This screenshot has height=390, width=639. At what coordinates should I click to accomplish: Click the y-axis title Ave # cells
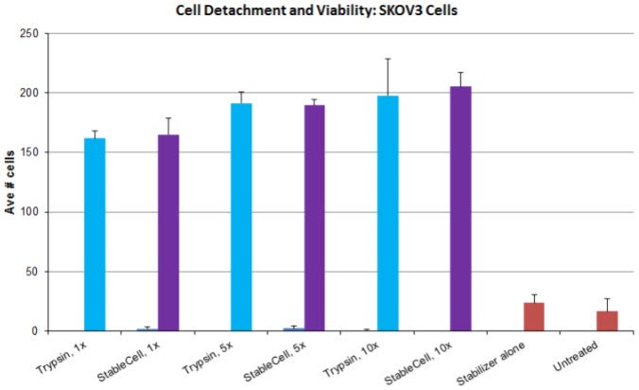11,182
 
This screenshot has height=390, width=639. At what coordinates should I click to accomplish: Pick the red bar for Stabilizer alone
534,317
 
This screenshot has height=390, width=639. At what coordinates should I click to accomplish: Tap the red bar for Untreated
607,321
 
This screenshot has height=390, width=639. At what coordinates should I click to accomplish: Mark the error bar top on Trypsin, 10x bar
388,59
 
